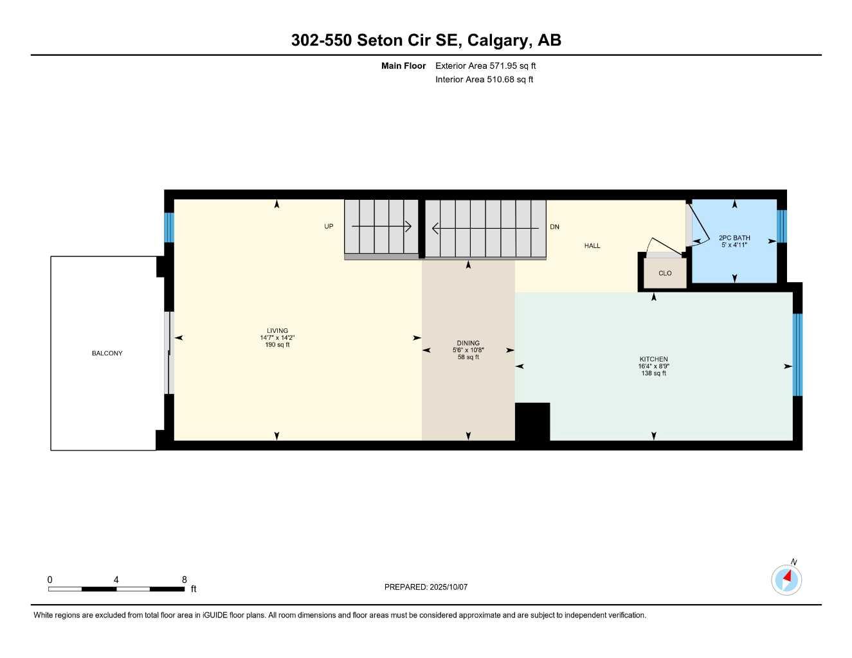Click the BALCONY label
click(107, 353)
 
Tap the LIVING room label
click(277, 331)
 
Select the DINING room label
click(468, 343)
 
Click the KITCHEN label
click(653, 359)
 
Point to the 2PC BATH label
click(734, 238)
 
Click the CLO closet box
click(665, 273)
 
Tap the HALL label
click(592, 245)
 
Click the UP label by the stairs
click(329, 227)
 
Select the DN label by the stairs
click(555, 227)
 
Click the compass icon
click(786, 580)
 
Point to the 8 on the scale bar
click(185, 580)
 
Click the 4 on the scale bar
click(116, 580)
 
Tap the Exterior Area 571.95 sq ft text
click(485, 66)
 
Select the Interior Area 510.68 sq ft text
click(484, 80)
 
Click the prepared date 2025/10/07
click(448, 587)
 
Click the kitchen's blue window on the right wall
click(797, 355)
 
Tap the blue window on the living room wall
click(169, 227)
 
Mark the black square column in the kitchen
click(532, 422)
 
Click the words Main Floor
click(403, 66)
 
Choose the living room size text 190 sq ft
click(277, 345)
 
